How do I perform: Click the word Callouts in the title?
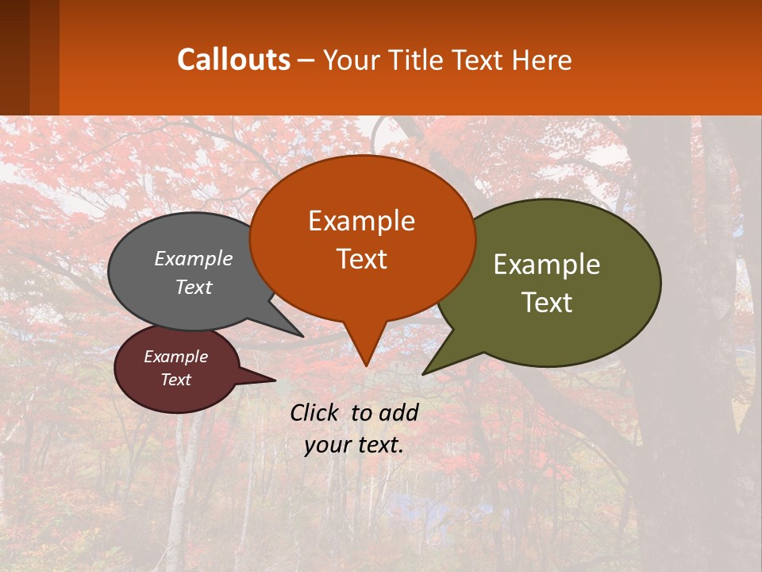pos(233,60)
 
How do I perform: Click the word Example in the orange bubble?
pos(361,221)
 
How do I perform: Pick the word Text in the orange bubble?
pos(361,259)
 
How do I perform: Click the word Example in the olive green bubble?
pos(547,265)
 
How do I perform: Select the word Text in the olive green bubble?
pos(547,303)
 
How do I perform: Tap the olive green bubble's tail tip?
pos(424,373)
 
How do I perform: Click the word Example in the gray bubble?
pos(194,258)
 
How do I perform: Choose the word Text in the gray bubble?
pos(194,287)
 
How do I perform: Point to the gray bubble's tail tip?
pos(302,336)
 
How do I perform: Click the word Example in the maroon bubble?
pos(175,357)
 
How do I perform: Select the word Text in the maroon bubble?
pos(175,380)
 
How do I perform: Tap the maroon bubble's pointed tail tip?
pos(275,380)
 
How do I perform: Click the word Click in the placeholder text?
pos(316,412)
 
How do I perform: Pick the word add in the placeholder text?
pos(398,412)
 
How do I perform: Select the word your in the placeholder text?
pos(327,445)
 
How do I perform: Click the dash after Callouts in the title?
pos(306,60)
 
